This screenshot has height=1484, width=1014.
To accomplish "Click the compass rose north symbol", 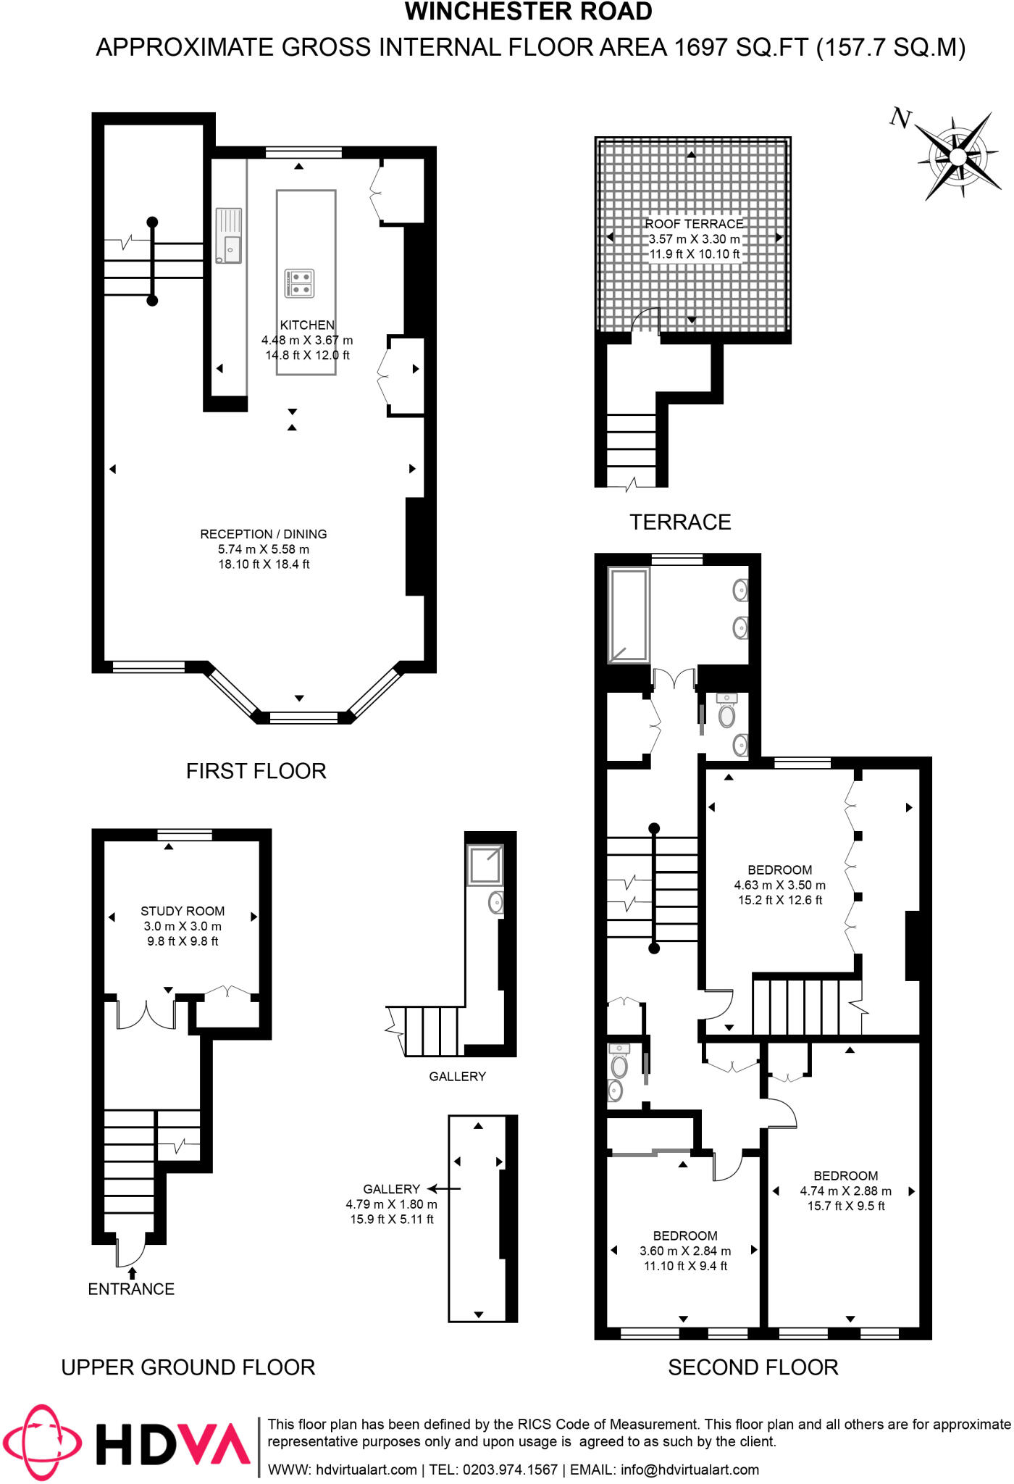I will pos(900,117).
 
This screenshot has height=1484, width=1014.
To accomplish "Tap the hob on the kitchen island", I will pos(299,283).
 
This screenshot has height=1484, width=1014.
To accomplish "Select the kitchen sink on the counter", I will pos(228,236).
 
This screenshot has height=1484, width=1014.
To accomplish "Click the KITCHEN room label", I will pos(307,325).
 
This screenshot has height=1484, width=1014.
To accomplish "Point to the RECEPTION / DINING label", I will pos(264,534).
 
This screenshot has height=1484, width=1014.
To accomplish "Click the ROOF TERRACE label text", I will pos(694,224).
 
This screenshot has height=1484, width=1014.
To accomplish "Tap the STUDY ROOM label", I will pos(183,911).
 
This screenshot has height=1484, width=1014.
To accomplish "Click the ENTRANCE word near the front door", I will pos(131,1289).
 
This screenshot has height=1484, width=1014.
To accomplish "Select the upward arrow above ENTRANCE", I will pos(132,1272).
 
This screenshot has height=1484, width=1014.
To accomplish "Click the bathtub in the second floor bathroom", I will pos(629,615).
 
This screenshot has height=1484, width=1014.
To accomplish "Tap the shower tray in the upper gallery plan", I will pos(485,865).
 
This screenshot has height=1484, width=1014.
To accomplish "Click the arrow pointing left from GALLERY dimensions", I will pos(444,1189).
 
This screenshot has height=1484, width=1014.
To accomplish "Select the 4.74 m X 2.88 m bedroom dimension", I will pos(845,1191).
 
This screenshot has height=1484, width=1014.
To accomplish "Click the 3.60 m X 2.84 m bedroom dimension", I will pos(685,1251).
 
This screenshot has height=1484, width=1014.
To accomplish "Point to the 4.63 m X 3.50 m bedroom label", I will pos(779,885).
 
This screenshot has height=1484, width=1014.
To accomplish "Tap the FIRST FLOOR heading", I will pos(256,771).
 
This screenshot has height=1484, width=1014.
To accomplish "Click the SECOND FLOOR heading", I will pos(753,1367).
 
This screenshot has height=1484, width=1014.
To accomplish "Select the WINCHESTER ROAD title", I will pos(528,12).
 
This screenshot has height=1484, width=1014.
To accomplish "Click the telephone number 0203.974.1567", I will pos(510,1470).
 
